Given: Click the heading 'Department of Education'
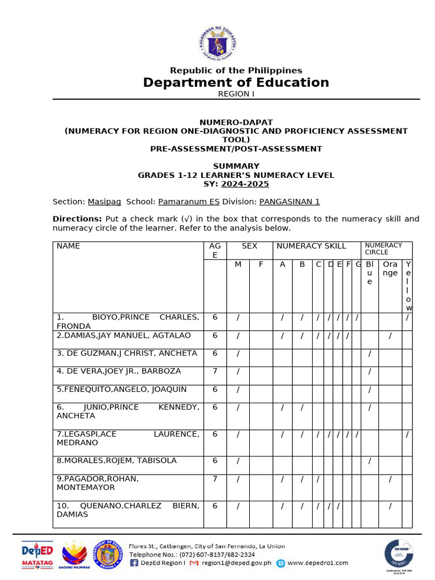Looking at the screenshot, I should [x=236, y=83].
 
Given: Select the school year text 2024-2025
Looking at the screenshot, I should [x=245, y=184].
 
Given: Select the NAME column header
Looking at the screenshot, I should [x=69, y=246].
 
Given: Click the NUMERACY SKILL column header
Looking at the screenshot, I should [x=311, y=246].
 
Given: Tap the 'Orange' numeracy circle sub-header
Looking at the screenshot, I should [x=390, y=268].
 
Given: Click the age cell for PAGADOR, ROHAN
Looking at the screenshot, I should [x=215, y=479].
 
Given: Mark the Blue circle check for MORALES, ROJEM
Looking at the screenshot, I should [x=369, y=461].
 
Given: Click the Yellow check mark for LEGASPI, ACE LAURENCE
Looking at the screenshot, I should [x=407, y=434].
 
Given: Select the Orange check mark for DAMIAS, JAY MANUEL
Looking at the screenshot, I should [x=390, y=336].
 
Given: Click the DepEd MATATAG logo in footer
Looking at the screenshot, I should [x=37, y=555].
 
